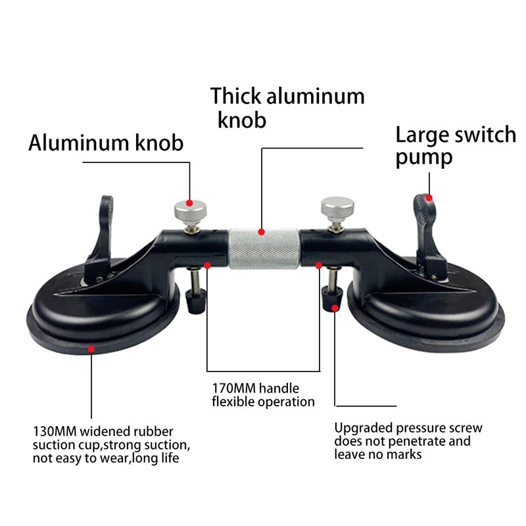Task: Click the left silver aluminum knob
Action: [x=190, y=212]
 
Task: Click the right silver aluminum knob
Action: [x=337, y=208]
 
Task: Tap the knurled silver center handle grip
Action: [x=263, y=249]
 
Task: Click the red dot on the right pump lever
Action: [x=429, y=197]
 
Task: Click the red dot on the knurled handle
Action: [x=262, y=231]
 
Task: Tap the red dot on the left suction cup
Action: [x=91, y=349]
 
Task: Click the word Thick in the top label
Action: [x=235, y=96]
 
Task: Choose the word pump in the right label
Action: [x=423, y=158]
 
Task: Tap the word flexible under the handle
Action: [x=235, y=401]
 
